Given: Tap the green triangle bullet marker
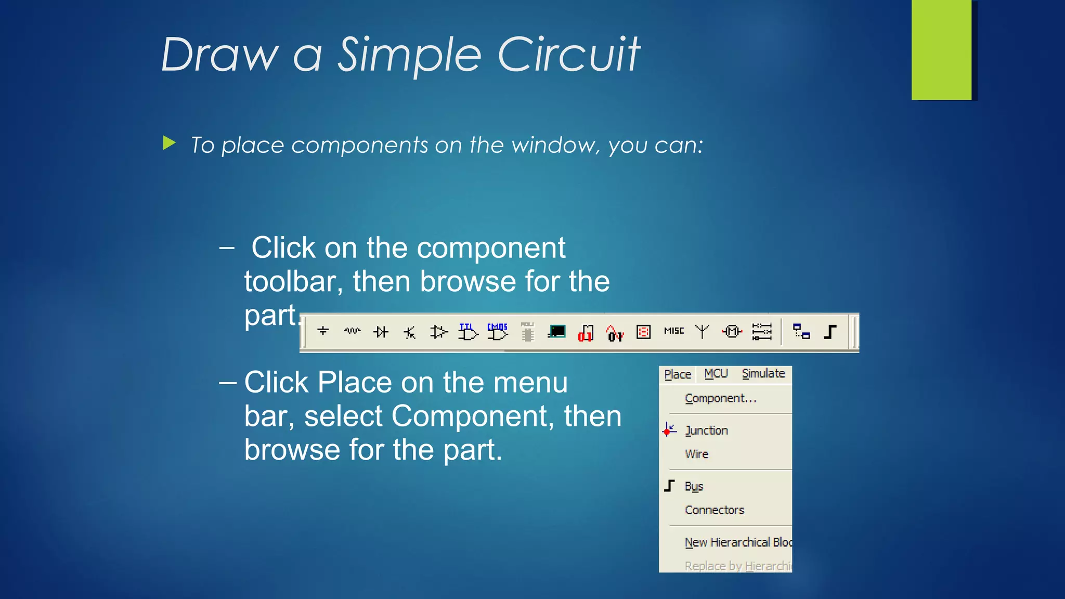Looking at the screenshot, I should [x=169, y=143].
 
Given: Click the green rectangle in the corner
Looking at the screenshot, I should [x=941, y=49].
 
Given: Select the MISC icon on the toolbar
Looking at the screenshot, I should [x=674, y=331].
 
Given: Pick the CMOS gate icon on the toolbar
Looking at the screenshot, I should [x=497, y=331].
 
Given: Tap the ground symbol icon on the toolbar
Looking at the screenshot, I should [x=323, y=331].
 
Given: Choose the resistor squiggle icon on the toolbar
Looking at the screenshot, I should [x=352, y=331].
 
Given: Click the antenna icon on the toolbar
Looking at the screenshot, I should [x=702, y=331].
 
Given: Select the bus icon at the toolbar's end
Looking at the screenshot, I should [x=830, y=332].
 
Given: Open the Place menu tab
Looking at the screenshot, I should [x=678, y=374].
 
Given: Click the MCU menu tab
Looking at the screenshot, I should [x=716, y=374].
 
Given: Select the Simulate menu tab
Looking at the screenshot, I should [x=763, y=374].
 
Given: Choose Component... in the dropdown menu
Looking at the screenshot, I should [x=720, y=398].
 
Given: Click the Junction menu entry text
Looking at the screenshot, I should [x=706, y=431].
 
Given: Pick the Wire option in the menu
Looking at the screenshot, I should [x=697, y=454].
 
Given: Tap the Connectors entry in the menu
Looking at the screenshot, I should [x=714, y=510].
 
